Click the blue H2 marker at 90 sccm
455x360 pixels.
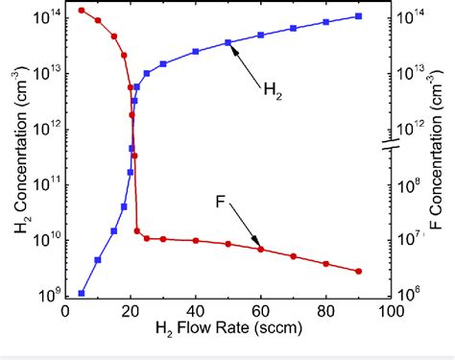tap(358, 16)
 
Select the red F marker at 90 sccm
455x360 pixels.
tap(358, 272)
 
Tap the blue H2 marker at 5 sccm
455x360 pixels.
tap(82, 293)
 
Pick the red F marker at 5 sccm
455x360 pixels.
tap(82, 11)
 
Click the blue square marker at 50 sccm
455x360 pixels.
tap(227, 42)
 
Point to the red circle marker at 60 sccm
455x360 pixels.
tap(260, 250)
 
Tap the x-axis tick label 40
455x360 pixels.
tap(195, 311)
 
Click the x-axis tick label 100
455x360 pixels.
tap(390, 311)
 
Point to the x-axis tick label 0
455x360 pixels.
tap(65, 311)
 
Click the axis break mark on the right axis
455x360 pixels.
tap(390, 145)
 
